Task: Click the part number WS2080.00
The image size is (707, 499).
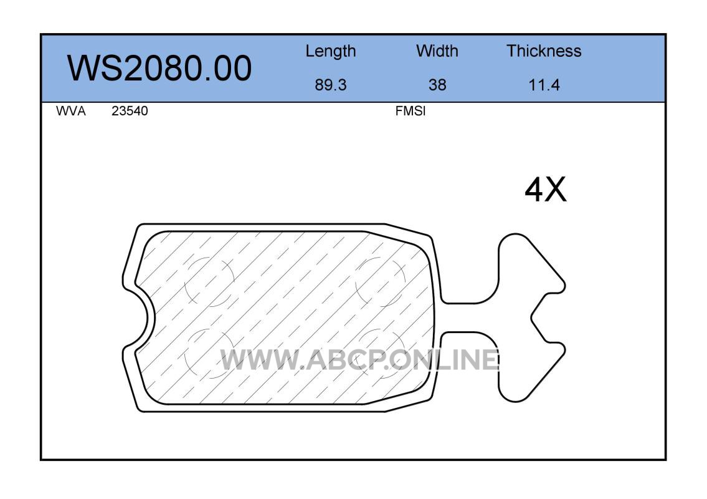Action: tap(159, 68)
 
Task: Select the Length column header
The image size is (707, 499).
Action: tap(331, 51)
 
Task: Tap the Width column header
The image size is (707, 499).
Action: tap(437, 51)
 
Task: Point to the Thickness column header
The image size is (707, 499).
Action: tap(544, 51)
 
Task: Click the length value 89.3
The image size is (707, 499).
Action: tap(331, 85)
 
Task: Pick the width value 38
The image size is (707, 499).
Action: tap(437, 85)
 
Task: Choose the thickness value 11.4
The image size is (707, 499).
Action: tap(544, 85)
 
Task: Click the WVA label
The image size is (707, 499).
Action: tap(71, 111)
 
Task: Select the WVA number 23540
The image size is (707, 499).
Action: tap(130, 111)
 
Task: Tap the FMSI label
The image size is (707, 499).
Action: tap(410, 111)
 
